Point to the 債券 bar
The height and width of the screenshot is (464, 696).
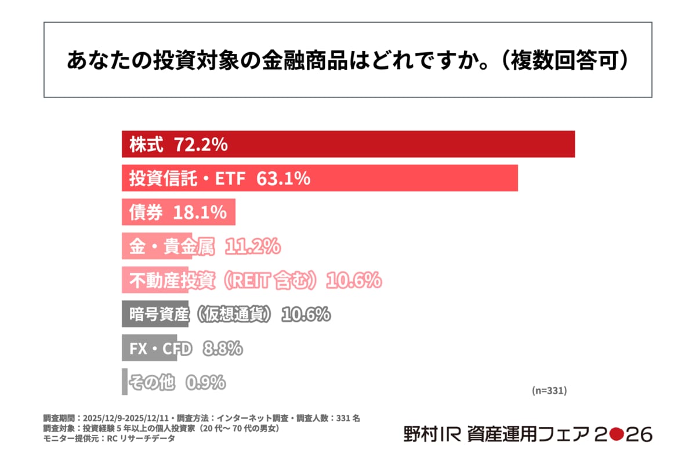179,212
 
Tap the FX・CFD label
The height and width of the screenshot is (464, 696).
160,349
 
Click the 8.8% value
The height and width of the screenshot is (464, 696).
223,349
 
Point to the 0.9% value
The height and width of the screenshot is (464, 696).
205,382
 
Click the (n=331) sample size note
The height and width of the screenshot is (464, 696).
549,390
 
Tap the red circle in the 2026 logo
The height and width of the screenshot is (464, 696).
617,434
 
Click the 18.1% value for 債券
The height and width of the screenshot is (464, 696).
200,212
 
